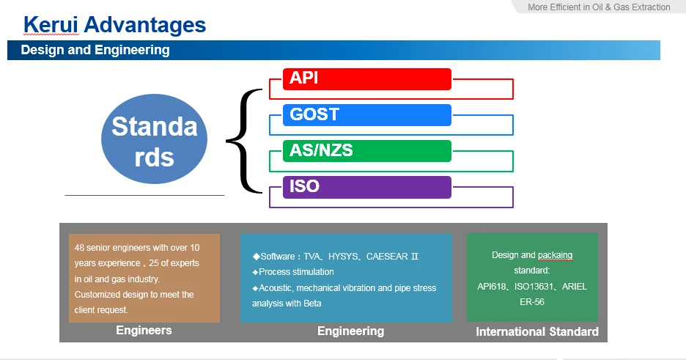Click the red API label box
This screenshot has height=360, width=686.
point(366,79)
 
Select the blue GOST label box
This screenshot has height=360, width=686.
point(366,115)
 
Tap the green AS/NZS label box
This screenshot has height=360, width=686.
point(366,151)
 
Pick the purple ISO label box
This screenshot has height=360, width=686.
point(366,187)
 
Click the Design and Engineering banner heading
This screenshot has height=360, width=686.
point(95,51)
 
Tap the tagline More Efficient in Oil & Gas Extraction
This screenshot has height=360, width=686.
point(599,7)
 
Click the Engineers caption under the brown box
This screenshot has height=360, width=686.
point(144,331)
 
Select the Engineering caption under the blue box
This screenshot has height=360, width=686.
point(350,331)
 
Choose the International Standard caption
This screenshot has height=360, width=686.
point(537,332)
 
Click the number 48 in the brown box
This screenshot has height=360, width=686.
point(80,247)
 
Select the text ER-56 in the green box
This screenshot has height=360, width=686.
point(532,301)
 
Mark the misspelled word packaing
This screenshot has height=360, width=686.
point(556,255)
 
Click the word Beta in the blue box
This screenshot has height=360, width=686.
point(311,303)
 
